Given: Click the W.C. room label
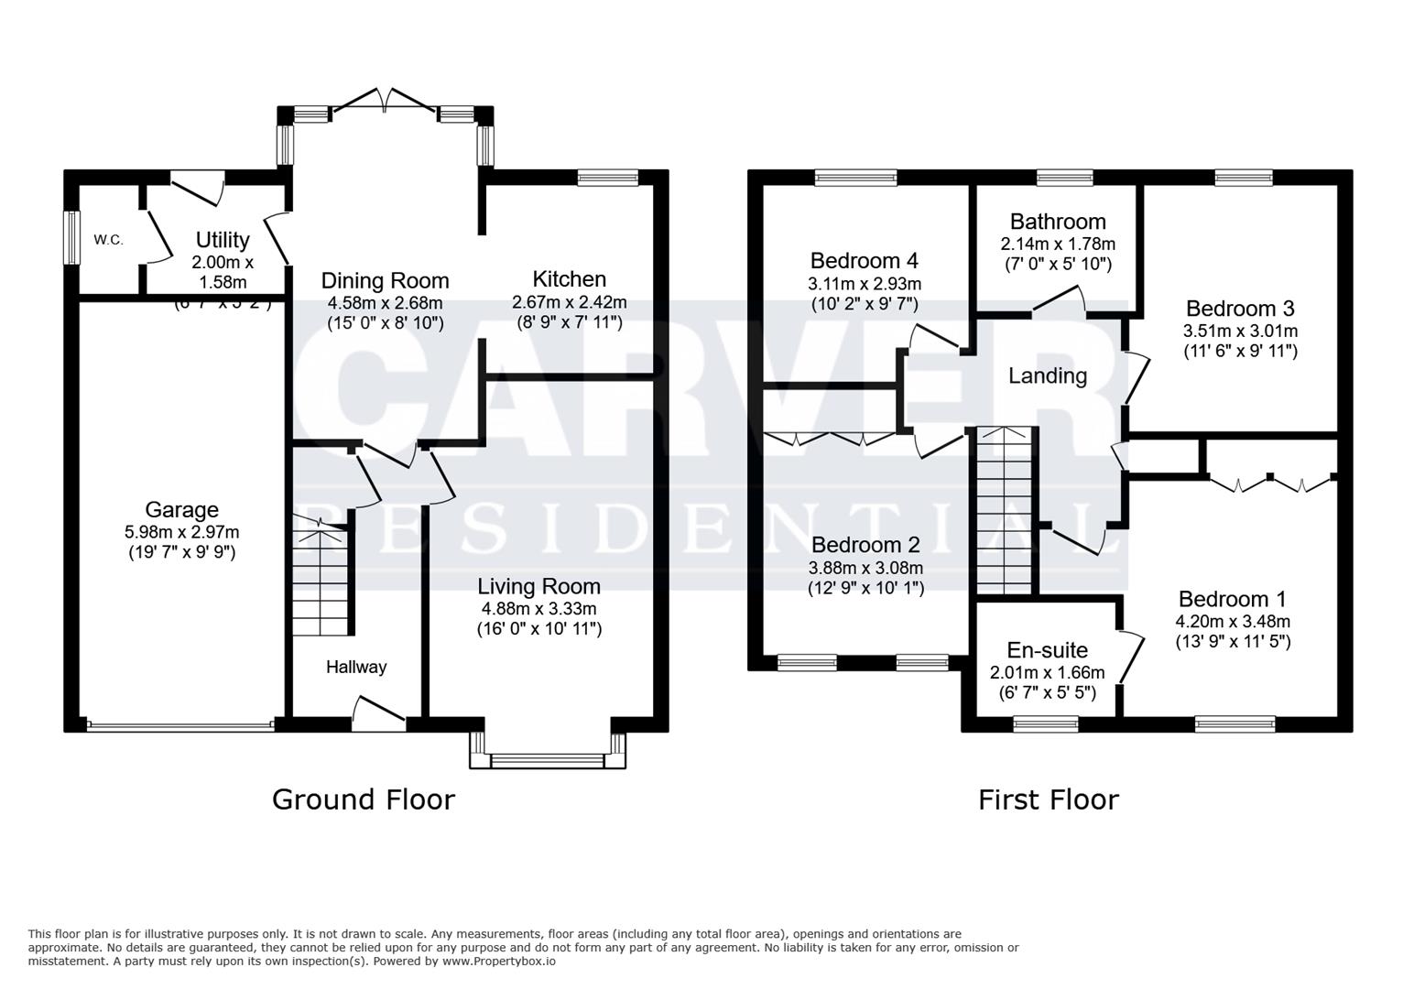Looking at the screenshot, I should [x=108, y=240].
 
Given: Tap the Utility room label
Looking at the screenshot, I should [x=223, y=240].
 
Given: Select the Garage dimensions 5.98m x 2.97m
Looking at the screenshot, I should [x=181, y=532].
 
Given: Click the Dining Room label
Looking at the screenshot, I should [x=385, y=280].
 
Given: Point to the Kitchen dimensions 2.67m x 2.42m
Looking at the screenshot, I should [x=569, y=302].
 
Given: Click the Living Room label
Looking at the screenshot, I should [x=538, y=586].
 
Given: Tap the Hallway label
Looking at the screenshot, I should [x=356, y=667].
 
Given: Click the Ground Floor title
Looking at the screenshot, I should [x=364, y=799].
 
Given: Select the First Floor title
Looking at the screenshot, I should [x=1048, y=799].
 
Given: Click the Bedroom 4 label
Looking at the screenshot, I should [x=864, y=261].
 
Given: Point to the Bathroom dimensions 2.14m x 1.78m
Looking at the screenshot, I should [x=1057, y=245].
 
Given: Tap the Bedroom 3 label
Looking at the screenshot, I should [x=1240, y=309].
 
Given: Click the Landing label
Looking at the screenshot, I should [x=1047, y=375].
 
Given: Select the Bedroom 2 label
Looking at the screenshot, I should [x=865, y=545].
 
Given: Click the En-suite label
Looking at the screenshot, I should [x=1047, y=650].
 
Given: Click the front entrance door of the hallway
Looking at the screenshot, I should [x=378, y=714].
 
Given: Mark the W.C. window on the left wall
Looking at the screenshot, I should [x=70, y=240].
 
